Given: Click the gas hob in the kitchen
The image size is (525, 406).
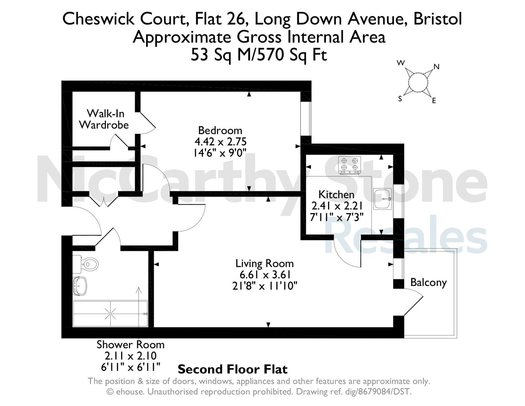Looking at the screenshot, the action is (x=349, y=165).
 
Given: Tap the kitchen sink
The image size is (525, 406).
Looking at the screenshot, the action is (x=382, y=199).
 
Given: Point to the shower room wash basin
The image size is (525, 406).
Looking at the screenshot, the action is (x=80, y=286).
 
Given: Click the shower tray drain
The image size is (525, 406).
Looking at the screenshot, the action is (x=110, y=314).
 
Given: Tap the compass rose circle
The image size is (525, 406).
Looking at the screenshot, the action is (x=417, y=82).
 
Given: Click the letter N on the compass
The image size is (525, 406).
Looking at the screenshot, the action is (x=436, y=67).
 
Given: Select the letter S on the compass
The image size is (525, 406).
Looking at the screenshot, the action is (x=400, y=98).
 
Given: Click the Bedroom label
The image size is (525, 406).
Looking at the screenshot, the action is (x=220, y=131).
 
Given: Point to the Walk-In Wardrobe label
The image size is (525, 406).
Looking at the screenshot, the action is (x=104, y=119).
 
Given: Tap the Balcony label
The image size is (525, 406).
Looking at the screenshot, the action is (x=428, y=283).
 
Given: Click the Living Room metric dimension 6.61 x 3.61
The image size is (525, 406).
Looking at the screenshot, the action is (x=265, y=275).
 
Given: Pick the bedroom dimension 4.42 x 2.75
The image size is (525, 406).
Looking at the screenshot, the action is (x=220, y=142).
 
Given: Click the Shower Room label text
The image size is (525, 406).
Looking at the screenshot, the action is (x=130, y=345).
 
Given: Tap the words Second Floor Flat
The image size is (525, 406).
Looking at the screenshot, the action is (x=233, y=369).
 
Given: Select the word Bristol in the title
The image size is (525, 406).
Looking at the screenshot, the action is (x=438, y=19).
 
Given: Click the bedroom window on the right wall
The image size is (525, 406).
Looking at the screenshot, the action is (x=306, y=119).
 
